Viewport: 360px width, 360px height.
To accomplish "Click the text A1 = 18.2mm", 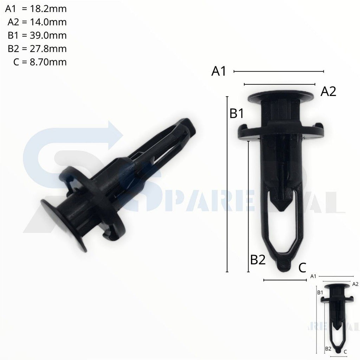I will pyautogui.click(x=36, y=9).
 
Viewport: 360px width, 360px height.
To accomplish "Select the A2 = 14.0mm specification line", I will pyautogui.click(x=37, y=22).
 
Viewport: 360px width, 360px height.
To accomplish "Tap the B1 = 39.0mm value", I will pyautogui.click(x=37, y=36).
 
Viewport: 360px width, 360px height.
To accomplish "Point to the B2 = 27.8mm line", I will pyautogui.click(x=37, y=49).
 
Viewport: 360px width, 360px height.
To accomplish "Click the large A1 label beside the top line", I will pyautogui.click(x=219, y=71).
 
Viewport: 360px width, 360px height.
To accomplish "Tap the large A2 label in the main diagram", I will pyautogui.click(x=329, y=92).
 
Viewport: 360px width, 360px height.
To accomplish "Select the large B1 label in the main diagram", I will pyautogui.click(x=237, y=114).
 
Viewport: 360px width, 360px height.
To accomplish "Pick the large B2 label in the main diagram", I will pyautogui.click(x=258, y=260).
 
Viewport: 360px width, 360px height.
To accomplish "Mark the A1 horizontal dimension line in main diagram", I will pyautogui.click(x=278, y=71).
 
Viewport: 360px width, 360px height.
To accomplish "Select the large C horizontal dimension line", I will pyautogui.click(x=285, y=280).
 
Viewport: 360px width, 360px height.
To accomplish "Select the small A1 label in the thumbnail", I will pyautogui.click(x=314, y=277).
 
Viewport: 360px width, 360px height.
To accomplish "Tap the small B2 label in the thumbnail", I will pyautogui.click(x=328, y=348).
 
